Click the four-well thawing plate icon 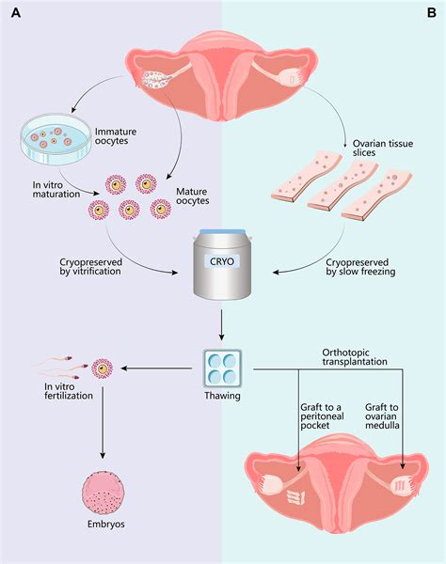point(224,368)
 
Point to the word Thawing point(224,397)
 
